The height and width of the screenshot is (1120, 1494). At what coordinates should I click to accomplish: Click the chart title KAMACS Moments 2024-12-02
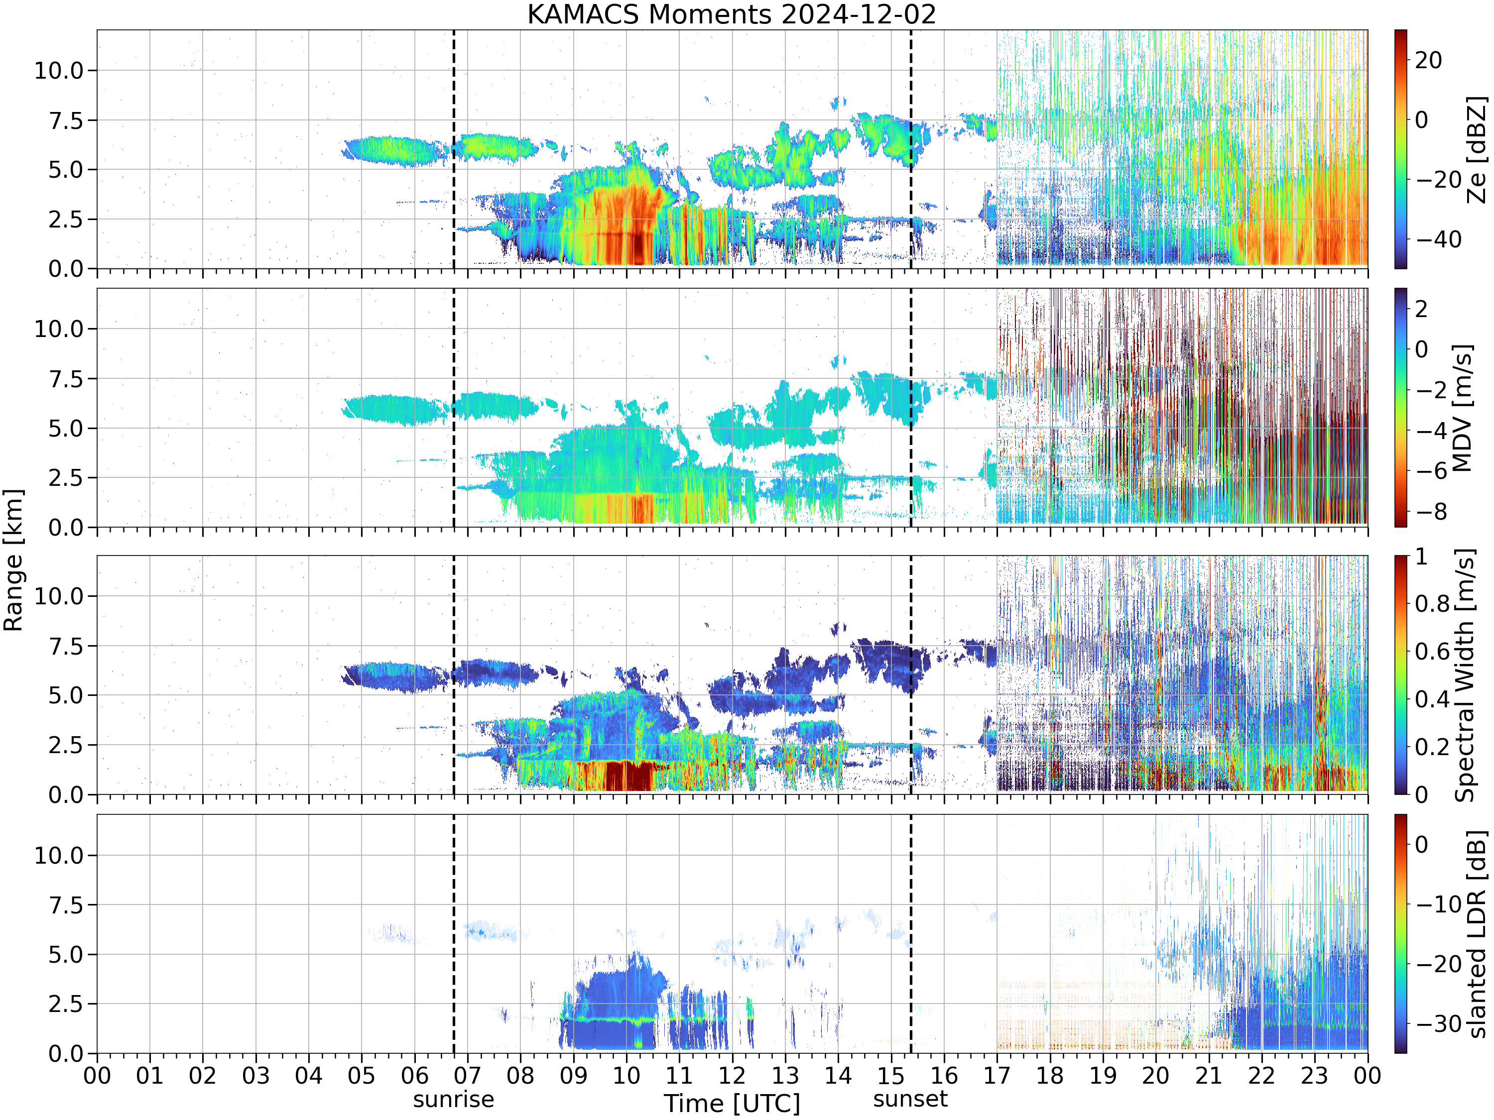pos(732,14)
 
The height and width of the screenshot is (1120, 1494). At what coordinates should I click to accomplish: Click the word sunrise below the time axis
pos(453,1100)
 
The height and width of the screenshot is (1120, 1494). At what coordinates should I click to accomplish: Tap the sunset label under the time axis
pos(910,1099)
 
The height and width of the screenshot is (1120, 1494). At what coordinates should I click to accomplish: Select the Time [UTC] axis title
pos(732,1104)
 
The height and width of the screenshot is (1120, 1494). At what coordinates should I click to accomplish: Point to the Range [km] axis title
pos(13,560)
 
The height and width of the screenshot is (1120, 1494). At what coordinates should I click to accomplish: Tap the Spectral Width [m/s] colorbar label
pos(1464,675)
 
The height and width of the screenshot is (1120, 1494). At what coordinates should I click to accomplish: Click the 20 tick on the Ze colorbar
pos(1428,60)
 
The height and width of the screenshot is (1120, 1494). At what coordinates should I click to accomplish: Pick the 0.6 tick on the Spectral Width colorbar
pos(1432,652)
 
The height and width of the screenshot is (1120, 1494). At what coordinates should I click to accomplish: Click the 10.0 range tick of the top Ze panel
pos(59,70)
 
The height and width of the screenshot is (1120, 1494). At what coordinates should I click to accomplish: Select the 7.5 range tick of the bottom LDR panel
pos(66,904)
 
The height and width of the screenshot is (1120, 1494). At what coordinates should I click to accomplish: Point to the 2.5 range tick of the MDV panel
pos(66,478)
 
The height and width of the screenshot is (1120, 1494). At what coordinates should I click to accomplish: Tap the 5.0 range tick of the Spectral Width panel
pos(66,695)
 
